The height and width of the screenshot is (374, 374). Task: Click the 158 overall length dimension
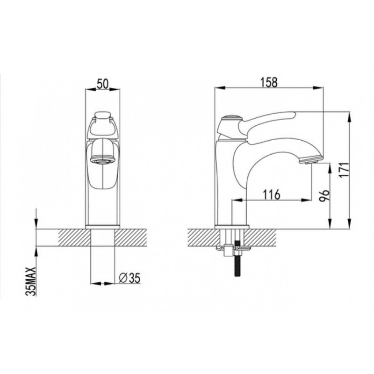pos(269,82)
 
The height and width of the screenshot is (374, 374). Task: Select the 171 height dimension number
pos(344,170)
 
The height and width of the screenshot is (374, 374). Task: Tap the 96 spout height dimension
pos(324,195)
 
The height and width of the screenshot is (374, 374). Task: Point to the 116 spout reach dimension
pos(272,194)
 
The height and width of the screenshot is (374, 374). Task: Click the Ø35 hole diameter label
pos(129,278)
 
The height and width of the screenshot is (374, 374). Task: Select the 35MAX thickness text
pos(31,281)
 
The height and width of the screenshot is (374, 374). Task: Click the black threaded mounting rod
pos(238,259)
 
